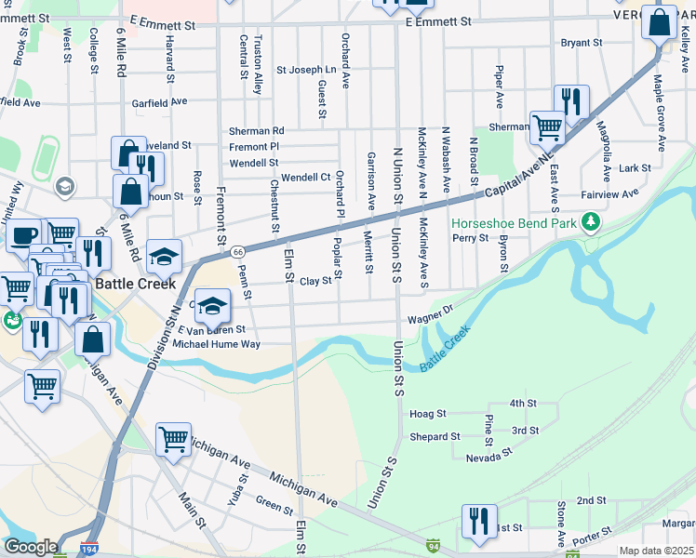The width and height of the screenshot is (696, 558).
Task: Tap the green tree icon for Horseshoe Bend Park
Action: (x=588, y=222)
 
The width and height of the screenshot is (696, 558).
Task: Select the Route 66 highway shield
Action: (x=238, y=252)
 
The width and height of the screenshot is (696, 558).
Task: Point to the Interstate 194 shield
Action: (x=90, y=549)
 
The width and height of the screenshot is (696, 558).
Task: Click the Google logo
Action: (x=31, y=547)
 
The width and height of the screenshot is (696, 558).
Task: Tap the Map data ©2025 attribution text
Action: (x=656, y=551)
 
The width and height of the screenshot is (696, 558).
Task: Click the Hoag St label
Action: (x=428, y=413)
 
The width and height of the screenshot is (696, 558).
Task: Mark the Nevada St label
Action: (x=489, y=458)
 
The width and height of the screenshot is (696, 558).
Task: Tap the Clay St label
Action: (x=315, y=280)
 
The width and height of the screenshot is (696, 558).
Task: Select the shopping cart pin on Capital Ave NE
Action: (x=547, y=127)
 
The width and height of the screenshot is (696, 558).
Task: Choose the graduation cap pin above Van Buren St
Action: (x=212, y=306)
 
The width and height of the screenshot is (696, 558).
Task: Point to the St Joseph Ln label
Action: (x=306, y=70)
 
